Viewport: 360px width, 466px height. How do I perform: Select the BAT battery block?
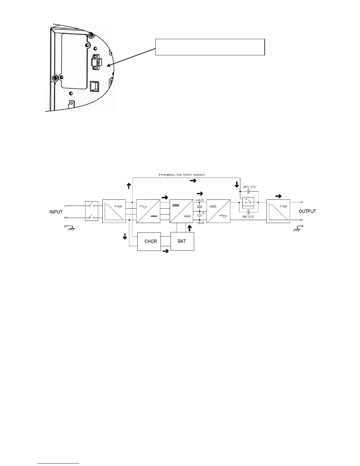click(182, 241)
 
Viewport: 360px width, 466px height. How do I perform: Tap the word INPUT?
click(56, 212)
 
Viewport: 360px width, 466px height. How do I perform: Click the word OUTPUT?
click(307, 211)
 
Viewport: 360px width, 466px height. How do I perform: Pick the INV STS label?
click(248, 217)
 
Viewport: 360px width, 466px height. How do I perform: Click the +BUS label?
click(200, 200)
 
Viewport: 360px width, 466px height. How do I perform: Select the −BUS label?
click(200, 223)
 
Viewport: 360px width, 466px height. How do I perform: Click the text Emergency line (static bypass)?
click(182, 175)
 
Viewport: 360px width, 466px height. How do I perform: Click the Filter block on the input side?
click(114, 211)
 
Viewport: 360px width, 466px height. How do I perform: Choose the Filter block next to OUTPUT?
click(278, 211)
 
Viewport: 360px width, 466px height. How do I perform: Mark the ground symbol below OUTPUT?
click(298, 228)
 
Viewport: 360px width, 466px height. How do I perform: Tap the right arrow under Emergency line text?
click(193, 181)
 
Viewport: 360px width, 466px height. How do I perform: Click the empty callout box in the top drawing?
click(210, 47)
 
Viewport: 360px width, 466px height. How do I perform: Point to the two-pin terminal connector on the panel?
click(95, 62)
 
